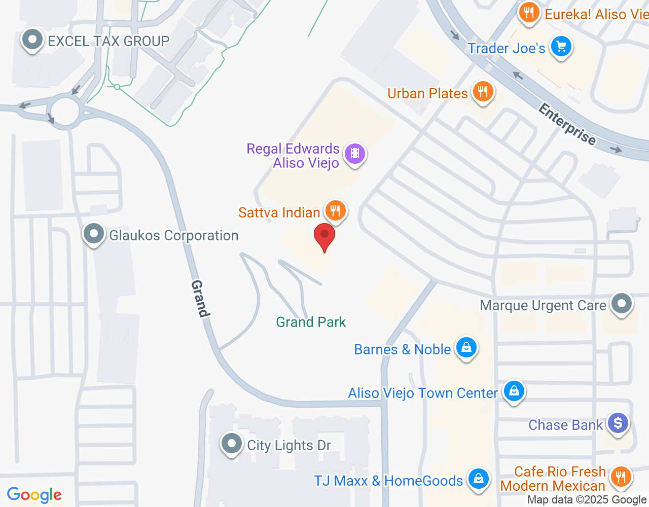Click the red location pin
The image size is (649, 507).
(324, 236)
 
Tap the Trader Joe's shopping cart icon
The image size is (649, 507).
(561, 47)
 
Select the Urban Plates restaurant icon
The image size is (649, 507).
(483, 92)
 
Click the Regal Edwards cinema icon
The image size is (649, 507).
(355, 153)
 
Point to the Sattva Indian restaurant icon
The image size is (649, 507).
(335, 210)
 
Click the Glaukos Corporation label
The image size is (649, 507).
(173, 236)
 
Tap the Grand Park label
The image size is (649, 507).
(311, 322)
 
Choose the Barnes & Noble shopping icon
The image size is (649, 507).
(466, 347)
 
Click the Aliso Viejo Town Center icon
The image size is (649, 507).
(514, 391)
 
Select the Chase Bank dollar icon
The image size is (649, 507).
(618, 422)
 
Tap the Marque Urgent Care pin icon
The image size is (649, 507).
(622, 304)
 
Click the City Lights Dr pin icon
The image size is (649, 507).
(232, 444)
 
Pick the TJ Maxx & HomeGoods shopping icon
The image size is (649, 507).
(478, 478)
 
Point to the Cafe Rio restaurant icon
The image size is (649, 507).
(620, 477)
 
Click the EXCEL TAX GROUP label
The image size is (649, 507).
(109, 41)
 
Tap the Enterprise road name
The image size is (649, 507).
(567, 124)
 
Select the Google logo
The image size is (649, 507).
(34, 495)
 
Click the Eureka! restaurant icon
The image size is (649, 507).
(529, 12)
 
